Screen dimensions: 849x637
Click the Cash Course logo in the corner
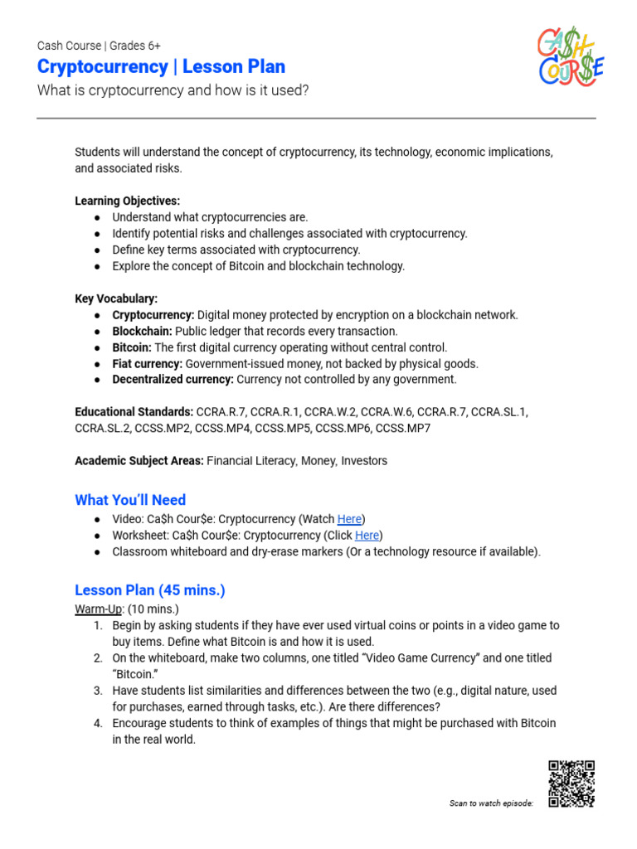[x=571, y=56]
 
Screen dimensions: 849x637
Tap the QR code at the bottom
[x=571, y=784]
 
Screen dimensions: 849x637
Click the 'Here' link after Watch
[x=349, y=519]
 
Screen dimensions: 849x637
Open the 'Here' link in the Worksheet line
[x=367, y=536]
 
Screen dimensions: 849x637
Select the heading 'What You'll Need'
[x=130, y=500]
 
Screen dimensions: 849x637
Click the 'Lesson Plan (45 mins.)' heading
[x=150, y=590]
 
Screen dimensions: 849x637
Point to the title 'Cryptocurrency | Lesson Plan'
[x=161, y=66]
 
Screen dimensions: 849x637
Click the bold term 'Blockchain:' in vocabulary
[x=142, y=332]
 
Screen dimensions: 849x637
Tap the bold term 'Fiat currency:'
[x=148, y=364]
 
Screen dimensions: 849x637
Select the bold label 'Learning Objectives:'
[x=127, y=201]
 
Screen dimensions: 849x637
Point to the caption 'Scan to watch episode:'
[x=491, y=803]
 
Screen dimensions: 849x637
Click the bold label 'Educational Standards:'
[x=134, y=412]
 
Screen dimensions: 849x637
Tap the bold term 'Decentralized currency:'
[x=173, y=380]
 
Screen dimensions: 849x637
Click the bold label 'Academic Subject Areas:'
[x=139, y=461]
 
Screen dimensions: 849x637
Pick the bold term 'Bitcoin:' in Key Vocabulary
[x=132, y=347]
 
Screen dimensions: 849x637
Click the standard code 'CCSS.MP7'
[x=403, y=429]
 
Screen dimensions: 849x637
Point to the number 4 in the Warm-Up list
[x=97, y=723]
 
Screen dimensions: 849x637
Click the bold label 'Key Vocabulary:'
[x=116, y=298]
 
